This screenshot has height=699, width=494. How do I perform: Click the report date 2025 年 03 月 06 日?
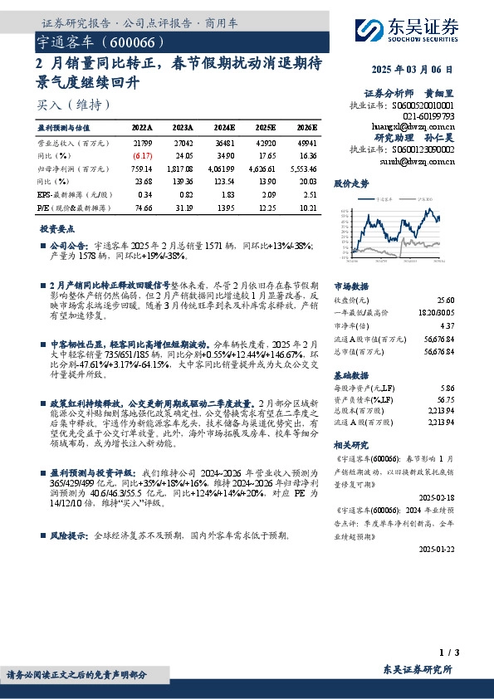point(424,71)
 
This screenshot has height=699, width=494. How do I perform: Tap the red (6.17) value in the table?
point(143,155)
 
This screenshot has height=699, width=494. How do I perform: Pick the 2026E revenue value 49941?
point(306,142)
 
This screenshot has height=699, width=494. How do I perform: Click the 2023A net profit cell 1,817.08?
point(184,168)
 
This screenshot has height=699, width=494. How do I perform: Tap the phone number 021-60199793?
point(428,116)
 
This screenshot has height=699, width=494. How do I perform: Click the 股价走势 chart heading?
point(350,182)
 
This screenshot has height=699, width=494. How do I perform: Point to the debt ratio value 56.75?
point(446,398)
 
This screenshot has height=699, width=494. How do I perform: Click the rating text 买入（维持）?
point(73,105)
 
